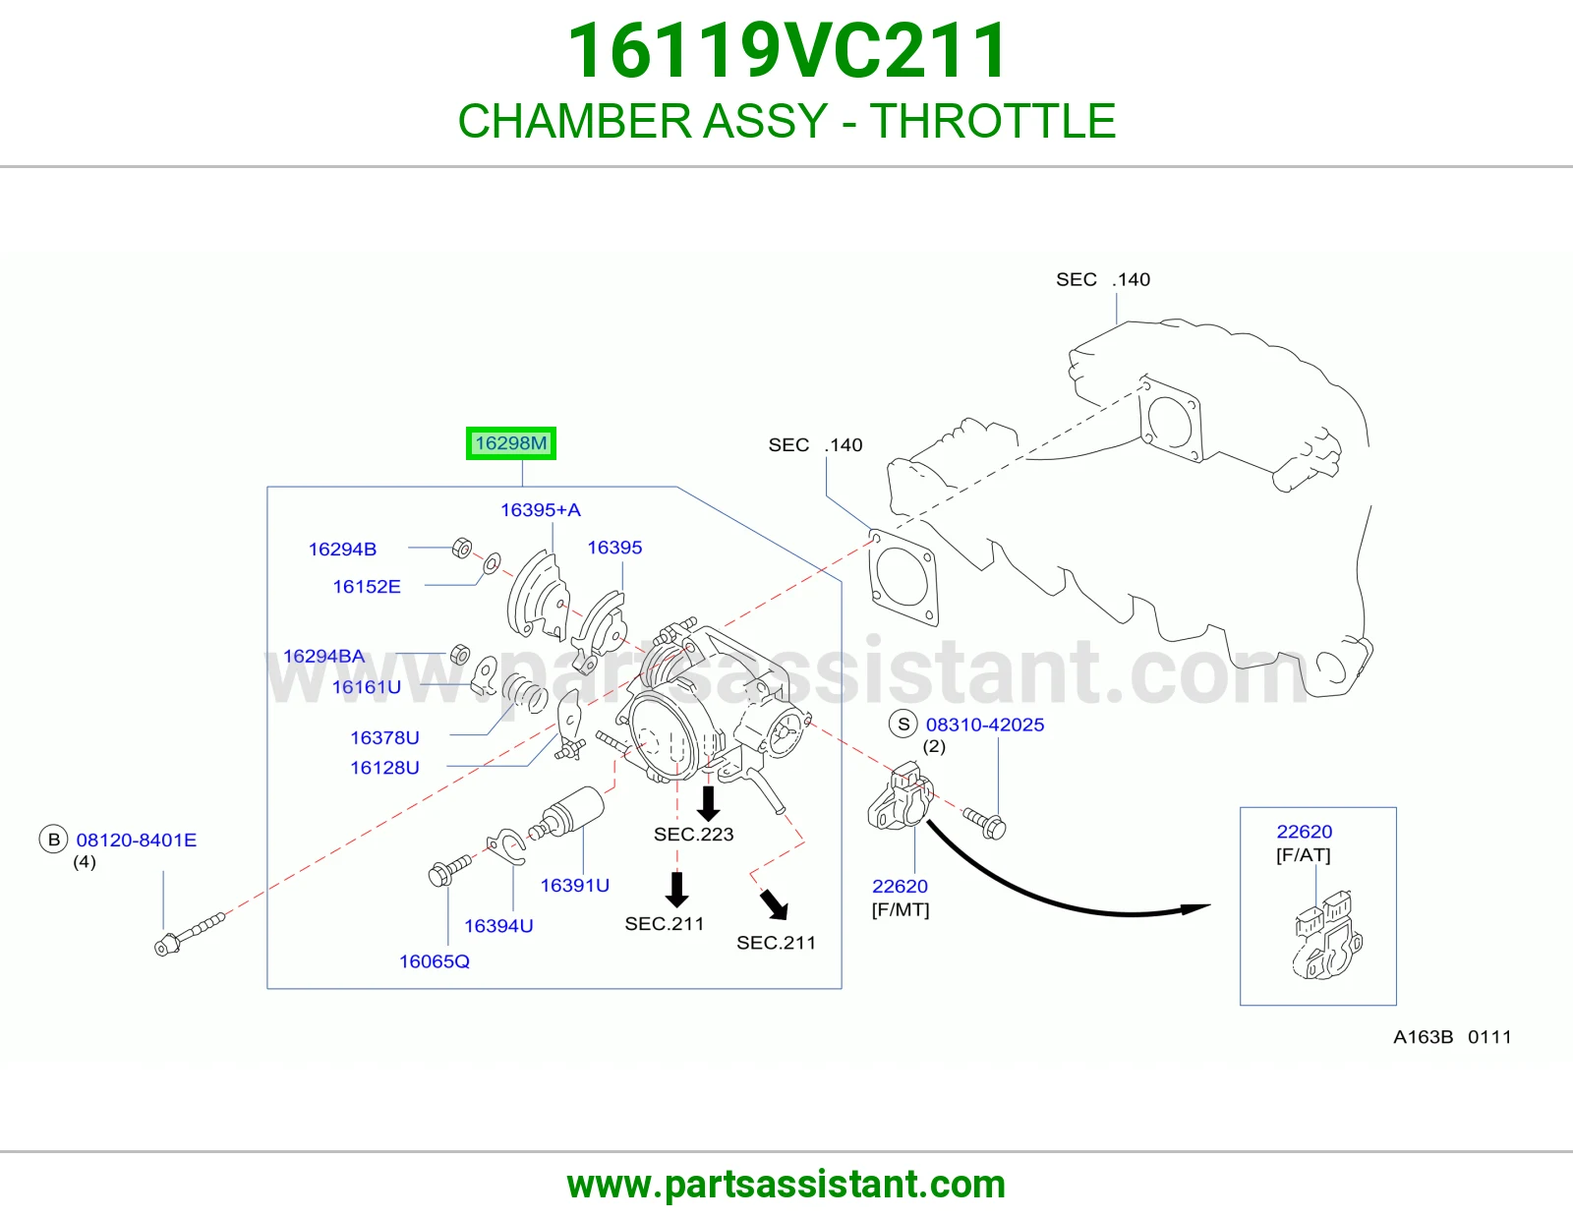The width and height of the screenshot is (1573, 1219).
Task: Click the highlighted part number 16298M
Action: (511, 443)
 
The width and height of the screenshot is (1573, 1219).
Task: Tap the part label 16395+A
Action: (541, 509)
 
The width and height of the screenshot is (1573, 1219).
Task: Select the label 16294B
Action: (342, 549)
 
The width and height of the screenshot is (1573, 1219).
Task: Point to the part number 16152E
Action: (367, 586)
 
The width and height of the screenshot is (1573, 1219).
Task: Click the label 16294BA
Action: (323, 656)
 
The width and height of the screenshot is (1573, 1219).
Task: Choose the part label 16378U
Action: (384, 737)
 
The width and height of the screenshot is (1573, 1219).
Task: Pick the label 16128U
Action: (384, 768)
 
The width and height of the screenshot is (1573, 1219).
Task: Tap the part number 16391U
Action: (575, 885)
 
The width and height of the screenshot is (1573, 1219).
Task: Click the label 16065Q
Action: (435, 961)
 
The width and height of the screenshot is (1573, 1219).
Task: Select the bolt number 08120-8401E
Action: (136, 840)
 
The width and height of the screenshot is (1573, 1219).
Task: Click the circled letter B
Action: (53, 840)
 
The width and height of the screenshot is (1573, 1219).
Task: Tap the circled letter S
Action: (903, 724)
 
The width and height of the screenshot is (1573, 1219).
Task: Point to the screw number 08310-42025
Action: (985, 725)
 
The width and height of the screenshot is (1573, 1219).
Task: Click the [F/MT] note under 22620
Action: (901, 909)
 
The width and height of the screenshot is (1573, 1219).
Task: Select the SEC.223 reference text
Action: (693, 834)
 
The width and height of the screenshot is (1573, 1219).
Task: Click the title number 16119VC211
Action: (786, 50)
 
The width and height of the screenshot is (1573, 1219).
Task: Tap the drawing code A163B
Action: (1424, 1036)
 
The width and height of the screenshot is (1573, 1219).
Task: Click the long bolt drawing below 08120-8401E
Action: (190, 935)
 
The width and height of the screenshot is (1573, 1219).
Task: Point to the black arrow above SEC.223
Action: (709, 803)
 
